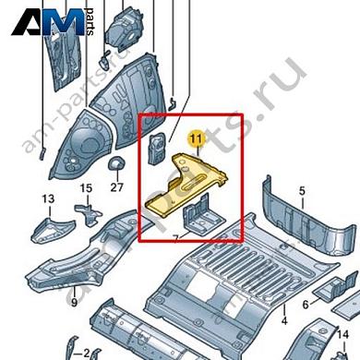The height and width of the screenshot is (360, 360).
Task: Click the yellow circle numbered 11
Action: coord(194,140)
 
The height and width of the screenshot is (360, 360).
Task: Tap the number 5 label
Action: coord(301,191)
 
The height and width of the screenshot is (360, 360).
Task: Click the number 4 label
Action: coord(284,320)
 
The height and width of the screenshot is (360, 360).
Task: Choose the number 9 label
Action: coord(74,302)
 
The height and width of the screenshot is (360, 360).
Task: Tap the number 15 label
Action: coord(86,189)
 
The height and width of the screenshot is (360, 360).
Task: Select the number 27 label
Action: coord(116,187)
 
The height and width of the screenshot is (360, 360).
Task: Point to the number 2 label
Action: coord(86,353)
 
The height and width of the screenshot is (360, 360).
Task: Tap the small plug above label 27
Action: coord(116,164)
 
